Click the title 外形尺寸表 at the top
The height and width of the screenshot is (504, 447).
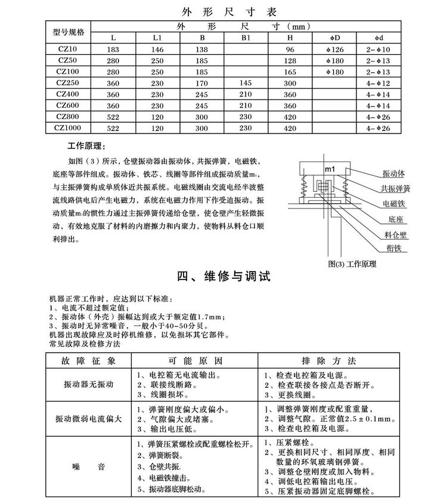click(x=223, y=11)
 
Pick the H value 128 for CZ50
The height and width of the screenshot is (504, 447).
click(x=290, y=61)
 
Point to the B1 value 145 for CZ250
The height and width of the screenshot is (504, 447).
click(x=246, y=83)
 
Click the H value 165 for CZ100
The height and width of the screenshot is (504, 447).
click(x=290, y=72)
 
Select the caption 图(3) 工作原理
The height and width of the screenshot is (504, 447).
click(x=357, y=262)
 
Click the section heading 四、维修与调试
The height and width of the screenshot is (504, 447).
click(x=224, y=277)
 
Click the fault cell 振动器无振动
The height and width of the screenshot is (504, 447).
click(x=88, y=385)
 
